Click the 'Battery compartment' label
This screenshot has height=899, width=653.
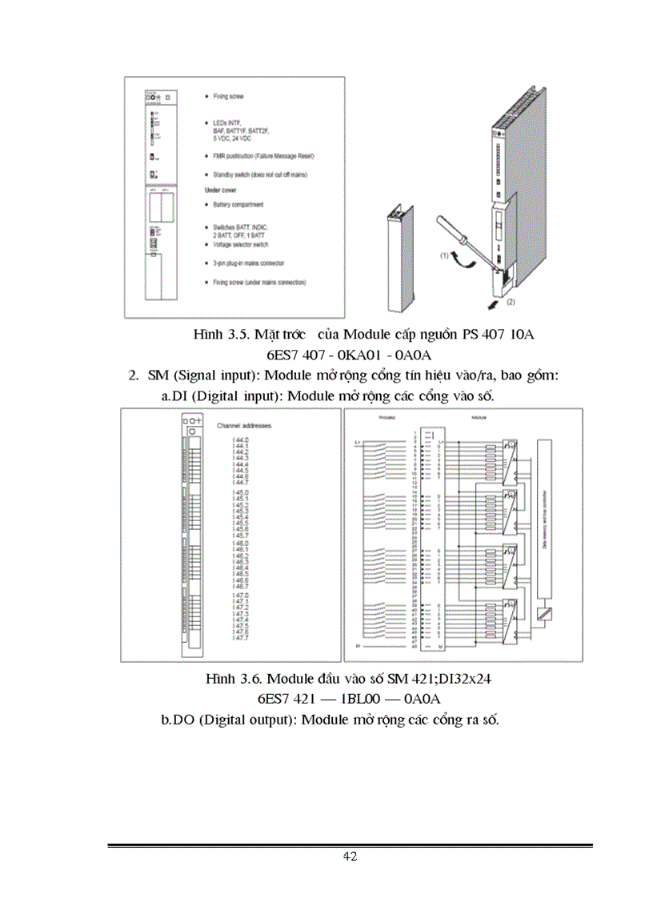pyautogui.click(x=238, y=205)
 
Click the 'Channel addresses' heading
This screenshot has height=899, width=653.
pyautogui.click(x=251, y=427)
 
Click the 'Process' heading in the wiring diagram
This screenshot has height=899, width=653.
pyautogui.click(x=387, y=418)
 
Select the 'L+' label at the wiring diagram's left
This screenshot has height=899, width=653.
pyautogui.click(x=358, y=442)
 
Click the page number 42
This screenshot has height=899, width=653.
pyautogui.click(x=350, y=857)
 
